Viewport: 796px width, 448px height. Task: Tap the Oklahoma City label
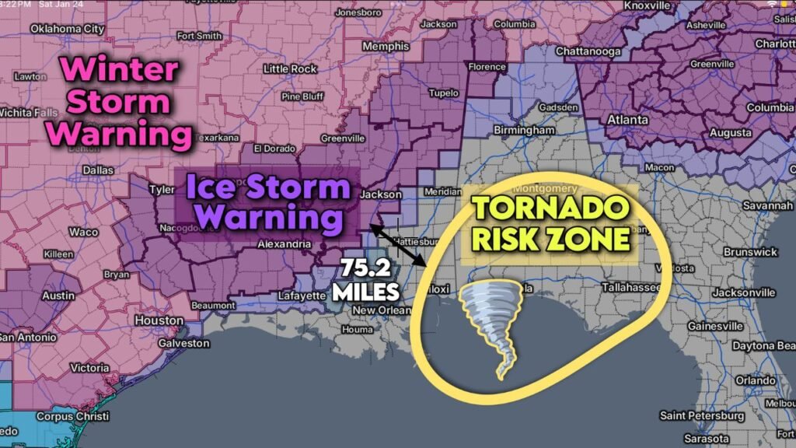click(67, 30)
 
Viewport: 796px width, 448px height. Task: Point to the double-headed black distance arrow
click(398, 247)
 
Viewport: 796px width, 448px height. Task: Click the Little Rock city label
click(291, 69)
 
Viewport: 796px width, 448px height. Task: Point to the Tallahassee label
click(630, 287)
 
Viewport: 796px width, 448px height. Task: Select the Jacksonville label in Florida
click(745, 292)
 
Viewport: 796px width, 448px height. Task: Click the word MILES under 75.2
click(366, 293)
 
